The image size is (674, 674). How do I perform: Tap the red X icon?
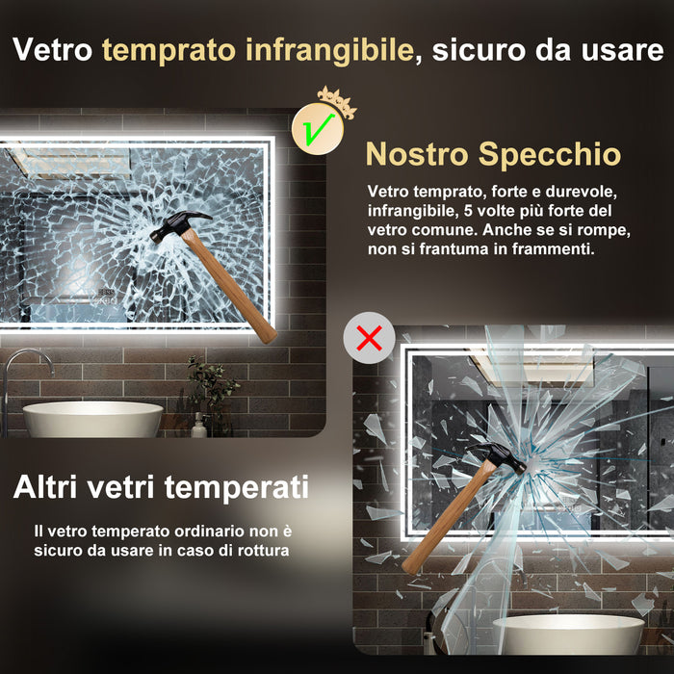369,337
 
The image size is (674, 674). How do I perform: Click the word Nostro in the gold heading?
417,154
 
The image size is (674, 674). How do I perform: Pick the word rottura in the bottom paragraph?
262,551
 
